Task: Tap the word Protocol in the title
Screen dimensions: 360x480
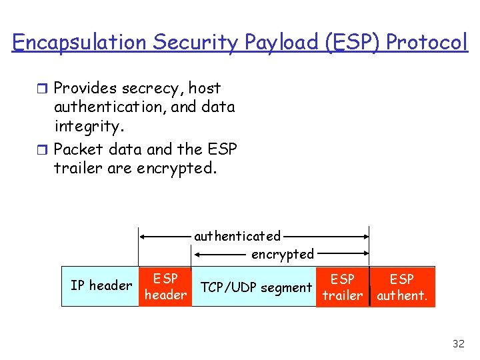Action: click(x=427, y=42)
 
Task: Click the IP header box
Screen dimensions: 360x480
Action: click(x=101, y=286)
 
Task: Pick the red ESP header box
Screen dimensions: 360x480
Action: click(x=165, y=287)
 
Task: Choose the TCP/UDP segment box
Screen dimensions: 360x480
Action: click(x=256, y=287)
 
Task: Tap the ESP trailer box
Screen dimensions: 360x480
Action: click(x=342, y=287)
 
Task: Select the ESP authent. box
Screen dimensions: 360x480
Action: click(x=402, y=287)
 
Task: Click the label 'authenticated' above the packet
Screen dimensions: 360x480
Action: click(x=237, y=236)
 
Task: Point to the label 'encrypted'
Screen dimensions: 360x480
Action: click(x=282, y=254)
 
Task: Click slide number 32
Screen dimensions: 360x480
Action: click(x=458, y=344)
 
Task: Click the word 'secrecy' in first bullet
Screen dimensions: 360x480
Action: click(x=151, y=88)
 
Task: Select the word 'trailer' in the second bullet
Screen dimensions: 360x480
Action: click(x=73, y=168)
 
